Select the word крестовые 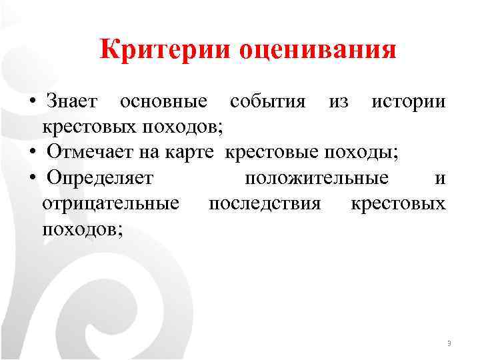click(272, 153)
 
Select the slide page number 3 click(449, 344)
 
